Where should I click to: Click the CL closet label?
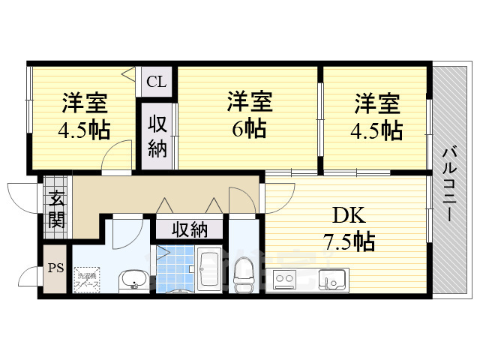157,81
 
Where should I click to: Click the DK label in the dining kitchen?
348,217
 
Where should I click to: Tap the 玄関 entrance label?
56,210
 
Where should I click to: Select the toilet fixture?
244,276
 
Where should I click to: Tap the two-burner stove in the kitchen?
286,280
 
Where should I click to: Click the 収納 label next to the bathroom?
188,228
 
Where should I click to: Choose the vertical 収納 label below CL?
156,136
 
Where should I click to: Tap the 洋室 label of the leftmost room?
84,102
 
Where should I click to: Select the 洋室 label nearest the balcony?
377,102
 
